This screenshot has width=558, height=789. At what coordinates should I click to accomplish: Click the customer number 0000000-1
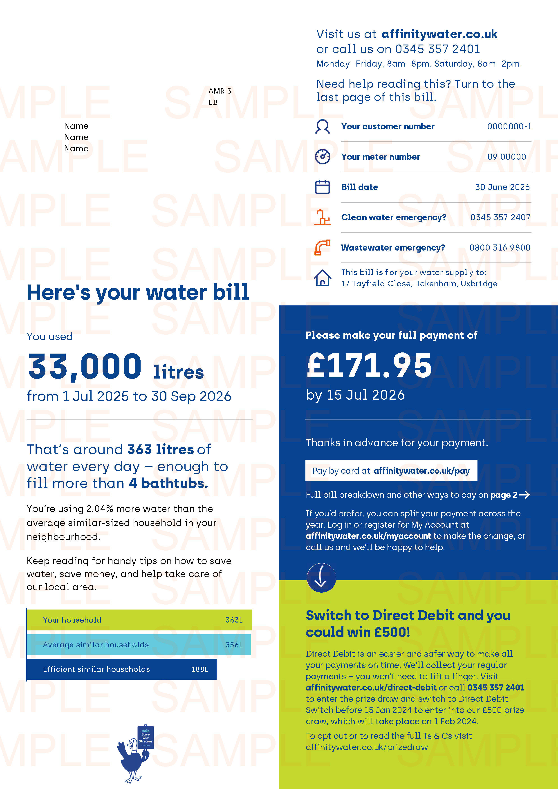pyautogui.click(x=509, y=126)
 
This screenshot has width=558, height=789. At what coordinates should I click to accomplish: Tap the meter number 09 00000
pyautogui.click(x=506, y=157)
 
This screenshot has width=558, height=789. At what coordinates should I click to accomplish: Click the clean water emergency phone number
pyautogui.click(x=500, y=217)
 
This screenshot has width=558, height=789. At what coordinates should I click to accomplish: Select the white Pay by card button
pyautogui.click(x=391, y=471)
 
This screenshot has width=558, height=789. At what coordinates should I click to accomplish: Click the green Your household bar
pyautogui.click(x=139, y=620)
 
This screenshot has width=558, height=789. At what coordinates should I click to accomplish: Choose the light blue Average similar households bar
pyautogui.click(x=139, y=644)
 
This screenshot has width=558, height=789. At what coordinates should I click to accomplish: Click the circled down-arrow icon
pyautogui.click(x=321, y=577)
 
